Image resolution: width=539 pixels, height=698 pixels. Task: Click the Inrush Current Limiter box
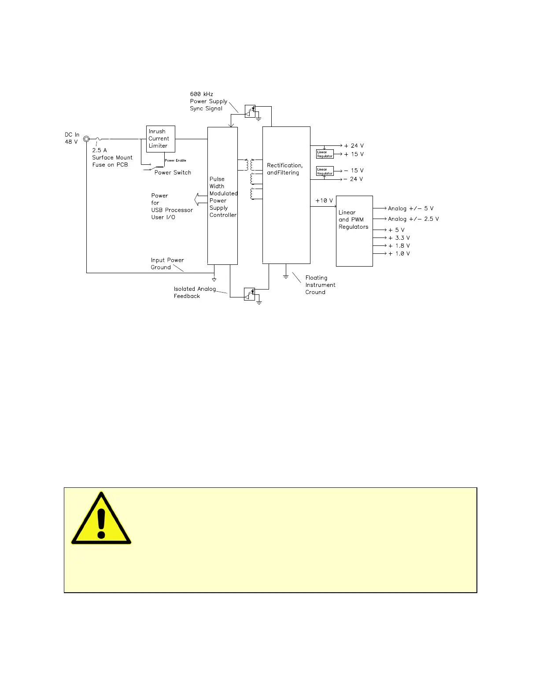tap(161, 139)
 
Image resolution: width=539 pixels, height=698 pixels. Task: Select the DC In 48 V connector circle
tap(86, 139)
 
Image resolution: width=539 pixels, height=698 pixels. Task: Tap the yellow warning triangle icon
tap(101, 519)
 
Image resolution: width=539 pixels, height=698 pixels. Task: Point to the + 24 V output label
tap(354, 146)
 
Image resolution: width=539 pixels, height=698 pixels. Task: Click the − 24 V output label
tap(353, 179)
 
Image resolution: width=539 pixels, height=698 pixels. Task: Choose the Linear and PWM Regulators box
tap(354, 231)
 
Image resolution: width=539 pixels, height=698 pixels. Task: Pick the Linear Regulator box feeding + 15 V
tap(325, 154)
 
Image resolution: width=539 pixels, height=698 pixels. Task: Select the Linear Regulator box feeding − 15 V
tap(325, 171)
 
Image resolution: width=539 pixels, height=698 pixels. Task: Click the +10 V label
tap(324, 201)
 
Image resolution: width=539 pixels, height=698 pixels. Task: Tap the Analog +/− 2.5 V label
tap(413, 219)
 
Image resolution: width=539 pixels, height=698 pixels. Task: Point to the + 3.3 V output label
tap(399, 238)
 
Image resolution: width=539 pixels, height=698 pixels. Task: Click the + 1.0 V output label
tap(399, 254)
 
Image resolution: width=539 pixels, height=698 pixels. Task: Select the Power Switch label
tap(173, 173)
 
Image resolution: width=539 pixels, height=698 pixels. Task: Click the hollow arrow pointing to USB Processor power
tap(201, 200)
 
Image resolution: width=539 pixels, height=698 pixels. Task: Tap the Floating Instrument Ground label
tap(320, 285)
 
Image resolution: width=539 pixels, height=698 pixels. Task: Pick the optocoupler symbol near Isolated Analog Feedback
tap(250, 294)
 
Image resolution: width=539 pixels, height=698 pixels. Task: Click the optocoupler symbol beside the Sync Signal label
tap(250, 111)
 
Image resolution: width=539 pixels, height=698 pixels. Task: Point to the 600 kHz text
tap(202, 94)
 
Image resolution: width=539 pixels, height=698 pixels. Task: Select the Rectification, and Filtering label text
tap(284, 169)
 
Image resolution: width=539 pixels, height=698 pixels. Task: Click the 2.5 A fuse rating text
tap(100, 150)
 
